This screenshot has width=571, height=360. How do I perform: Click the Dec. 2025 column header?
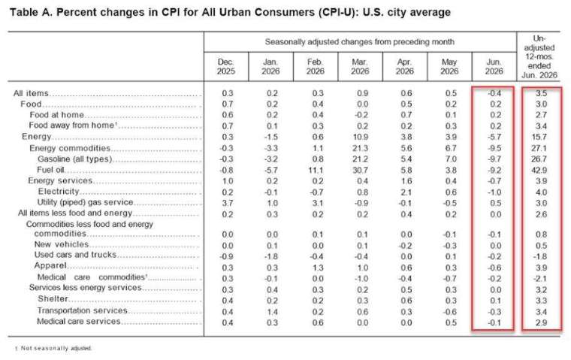226,67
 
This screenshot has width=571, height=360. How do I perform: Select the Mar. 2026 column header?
360,67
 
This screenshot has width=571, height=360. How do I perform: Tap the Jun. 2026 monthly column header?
494,67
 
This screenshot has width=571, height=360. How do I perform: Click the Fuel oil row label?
50,170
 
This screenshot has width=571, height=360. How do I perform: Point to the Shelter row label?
53,299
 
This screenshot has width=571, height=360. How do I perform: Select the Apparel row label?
50,265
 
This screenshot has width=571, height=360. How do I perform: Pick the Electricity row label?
59,192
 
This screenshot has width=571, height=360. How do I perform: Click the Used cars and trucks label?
75,255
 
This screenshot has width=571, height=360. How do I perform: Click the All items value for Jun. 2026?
494,93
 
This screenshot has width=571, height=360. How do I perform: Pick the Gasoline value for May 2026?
451,159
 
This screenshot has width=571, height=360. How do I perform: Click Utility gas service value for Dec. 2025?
228,203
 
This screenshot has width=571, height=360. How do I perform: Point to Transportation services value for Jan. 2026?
272,312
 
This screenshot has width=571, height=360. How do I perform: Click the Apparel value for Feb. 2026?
318,268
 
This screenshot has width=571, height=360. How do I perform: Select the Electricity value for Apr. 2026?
406,192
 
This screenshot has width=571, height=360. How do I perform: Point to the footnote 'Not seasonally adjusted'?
56,348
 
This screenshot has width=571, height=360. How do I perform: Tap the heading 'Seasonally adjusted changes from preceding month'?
359,42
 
